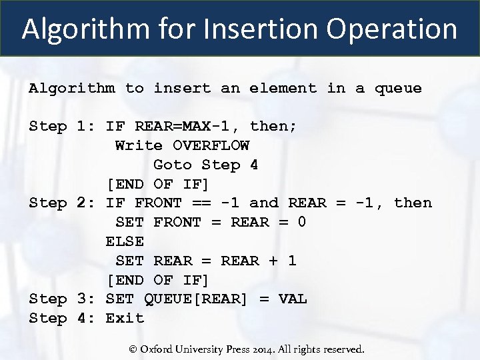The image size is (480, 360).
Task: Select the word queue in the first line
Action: click(398, 88)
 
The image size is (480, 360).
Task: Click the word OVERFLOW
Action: click(211, 145)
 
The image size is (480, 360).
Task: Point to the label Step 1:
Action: click(63, 126)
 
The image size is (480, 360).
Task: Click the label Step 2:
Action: click(63, 203)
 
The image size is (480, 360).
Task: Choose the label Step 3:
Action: click(63, 299)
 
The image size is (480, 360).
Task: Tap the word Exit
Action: click(125, 318)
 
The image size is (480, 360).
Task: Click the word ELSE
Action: click(125, 241)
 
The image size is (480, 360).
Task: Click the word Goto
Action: click(173, 165)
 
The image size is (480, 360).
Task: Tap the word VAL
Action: click(293, 299)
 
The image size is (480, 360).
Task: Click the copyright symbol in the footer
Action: click(133, 349)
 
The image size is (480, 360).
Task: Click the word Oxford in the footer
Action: click(159, 349)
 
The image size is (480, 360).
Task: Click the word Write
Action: click(139, 145)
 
